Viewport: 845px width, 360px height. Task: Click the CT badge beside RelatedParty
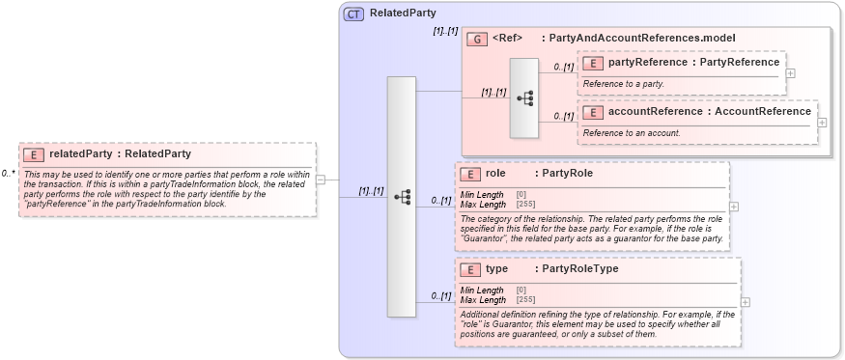(x=353, y=14)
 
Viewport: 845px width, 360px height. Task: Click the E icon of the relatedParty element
(x=34, y=153)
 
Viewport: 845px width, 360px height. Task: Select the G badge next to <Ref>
(x=476, y=39)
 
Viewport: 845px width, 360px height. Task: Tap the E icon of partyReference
(x=593, y=63)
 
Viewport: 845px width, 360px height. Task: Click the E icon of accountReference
(x=593, y=112)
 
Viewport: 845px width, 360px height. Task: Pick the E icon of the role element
(x=470, y=175)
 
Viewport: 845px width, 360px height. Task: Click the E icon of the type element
(x=470, y=270)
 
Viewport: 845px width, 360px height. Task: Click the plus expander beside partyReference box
(x=791, y=72)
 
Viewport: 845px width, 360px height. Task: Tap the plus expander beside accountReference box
(x=822, y=122)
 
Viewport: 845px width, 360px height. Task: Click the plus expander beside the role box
(x=734, y=206)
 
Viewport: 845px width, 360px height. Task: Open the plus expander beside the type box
(x=745, y=301)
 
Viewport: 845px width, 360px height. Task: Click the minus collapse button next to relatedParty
(x=321, y=179)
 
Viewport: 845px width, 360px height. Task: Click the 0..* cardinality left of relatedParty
(x=8, y=174)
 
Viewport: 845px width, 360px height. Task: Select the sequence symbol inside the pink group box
(x=524, y=97)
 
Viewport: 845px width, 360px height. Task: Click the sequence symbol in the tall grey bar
(x=401, y=196)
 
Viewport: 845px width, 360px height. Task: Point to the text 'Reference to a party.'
(x=623, y=84)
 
